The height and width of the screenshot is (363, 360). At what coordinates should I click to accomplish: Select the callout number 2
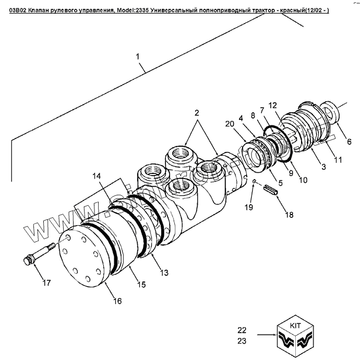click(x=197, y=113)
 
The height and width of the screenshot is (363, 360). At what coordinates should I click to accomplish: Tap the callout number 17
click(x=46, y=283)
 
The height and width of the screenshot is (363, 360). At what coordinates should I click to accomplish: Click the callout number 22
click(x=242, y=330)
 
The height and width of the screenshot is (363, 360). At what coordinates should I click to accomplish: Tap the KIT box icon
click(x=295, y=335)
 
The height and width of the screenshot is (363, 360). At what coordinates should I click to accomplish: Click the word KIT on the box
click(x=295, y=324)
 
